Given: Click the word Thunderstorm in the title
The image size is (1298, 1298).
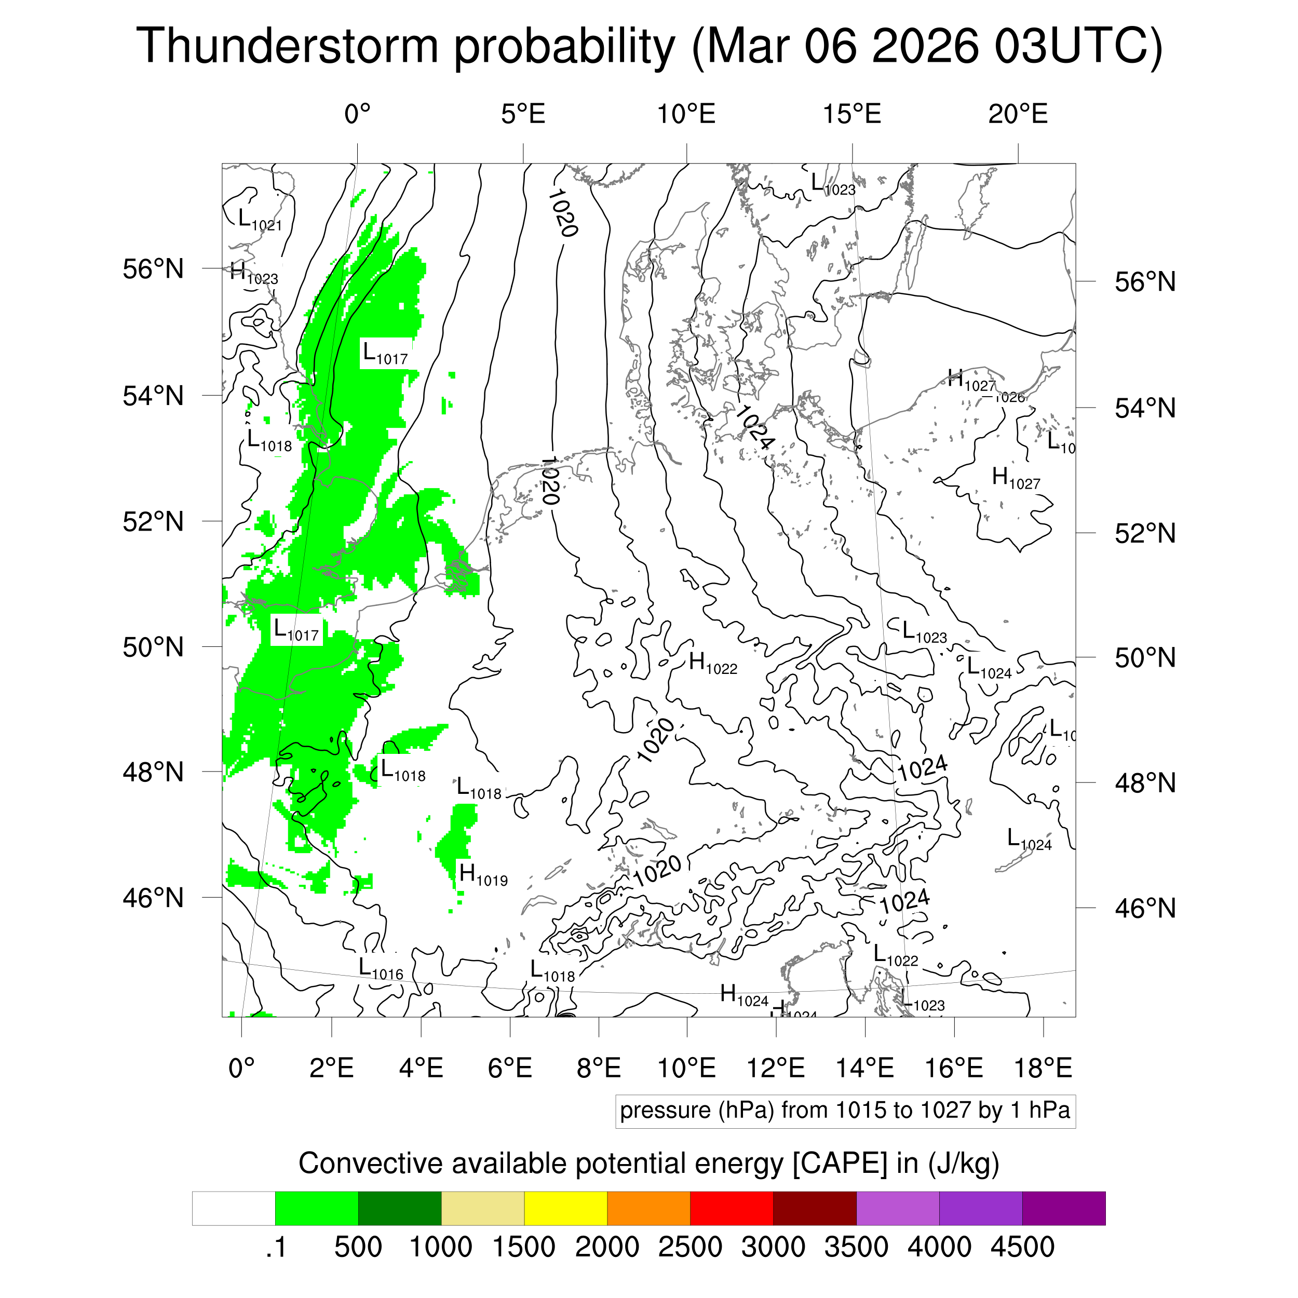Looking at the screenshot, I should pos(288,46).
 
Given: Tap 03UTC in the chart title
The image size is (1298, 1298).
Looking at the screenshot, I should pos(1077,46).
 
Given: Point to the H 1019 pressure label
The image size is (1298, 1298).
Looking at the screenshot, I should pos(482,875).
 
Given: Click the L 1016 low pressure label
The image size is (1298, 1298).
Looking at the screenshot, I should pos(380,969).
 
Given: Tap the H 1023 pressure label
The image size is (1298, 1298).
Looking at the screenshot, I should pos(253,274).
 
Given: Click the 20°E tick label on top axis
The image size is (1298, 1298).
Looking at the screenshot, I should pos(1017,114).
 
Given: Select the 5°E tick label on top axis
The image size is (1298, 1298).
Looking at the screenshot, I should pos(523,114).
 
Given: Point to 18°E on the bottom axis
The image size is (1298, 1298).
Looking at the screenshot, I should pos(1043,1067).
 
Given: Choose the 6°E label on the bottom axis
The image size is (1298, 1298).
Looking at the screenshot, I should pos(510,1067).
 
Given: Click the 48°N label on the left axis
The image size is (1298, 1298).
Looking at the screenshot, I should pos(153,772).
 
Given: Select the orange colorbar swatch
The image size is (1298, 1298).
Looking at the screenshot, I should pos(648,1209).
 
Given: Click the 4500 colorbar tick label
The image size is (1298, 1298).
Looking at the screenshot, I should pos(1022,1247).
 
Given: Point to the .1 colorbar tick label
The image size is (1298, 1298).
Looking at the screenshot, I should pos(276,1247).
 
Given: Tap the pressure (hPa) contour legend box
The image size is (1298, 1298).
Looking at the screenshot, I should pos(845,1111).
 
